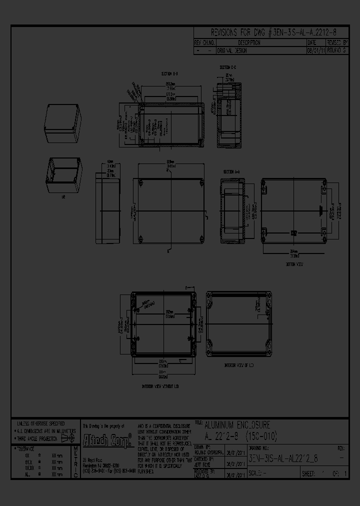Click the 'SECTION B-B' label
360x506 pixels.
168,73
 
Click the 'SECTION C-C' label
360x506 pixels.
227,66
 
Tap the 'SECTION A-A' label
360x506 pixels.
231,172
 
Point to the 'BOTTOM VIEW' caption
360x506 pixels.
294,264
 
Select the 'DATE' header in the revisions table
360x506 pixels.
316,43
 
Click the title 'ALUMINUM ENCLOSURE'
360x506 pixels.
237,425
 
